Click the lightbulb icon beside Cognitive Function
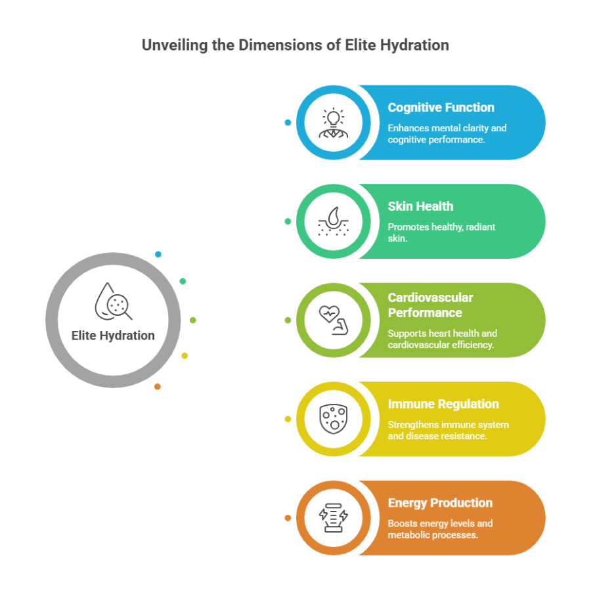[x=334, y=123]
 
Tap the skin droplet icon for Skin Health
[x=334, y=221]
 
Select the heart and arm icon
[x=334, y=320]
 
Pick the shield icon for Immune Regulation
[x=334, y=419]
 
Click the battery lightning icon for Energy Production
[x=334, y=517]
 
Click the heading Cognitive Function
[x=441, y=108]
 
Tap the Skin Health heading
[x=420, y=206]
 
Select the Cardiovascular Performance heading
[x=430, y=305]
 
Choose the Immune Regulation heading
[x=443, y=404]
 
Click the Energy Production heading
[x=440, y=503]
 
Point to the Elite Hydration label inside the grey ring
[x=113, y=336]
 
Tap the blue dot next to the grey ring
[x=158, y=254]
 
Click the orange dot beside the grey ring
[x=158, y=387]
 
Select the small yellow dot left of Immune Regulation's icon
[x=288, y=419]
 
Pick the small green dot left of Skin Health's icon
[x=288, y=221]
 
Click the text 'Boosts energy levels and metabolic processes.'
[x=440, y=529]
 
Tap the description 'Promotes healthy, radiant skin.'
[x=441, y=232]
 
